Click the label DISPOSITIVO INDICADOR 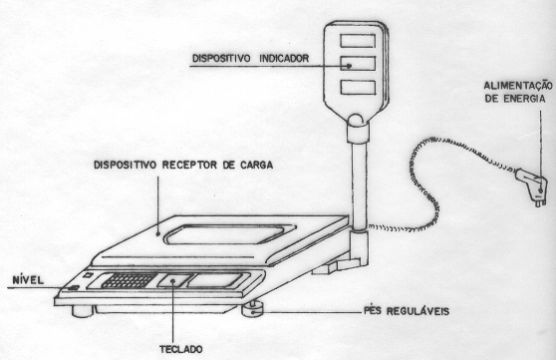(x=250, y=58)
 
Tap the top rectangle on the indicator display (x=358, y=41)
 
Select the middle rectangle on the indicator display (x=358, y=64)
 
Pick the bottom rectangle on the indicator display (x=358, y=88)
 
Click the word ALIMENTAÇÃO (x=518, y=86)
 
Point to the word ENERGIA (x=525, y=99)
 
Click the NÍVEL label (x=28, y=280)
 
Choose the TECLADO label (x=180, y=349)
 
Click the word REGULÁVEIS (x=417, y=311)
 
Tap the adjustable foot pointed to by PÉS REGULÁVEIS (x=254, y=308)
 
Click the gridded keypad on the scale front (x=130, y=280)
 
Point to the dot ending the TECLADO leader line (x=173, y=281)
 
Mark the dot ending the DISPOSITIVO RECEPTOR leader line (x=158, y=233)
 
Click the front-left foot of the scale (x=83, y=311)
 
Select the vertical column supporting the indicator (x=359, y=185)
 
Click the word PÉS (x=374, y=311)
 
